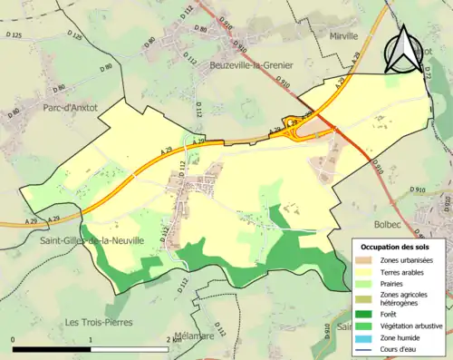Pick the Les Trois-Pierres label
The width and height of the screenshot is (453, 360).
coord(99,322)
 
